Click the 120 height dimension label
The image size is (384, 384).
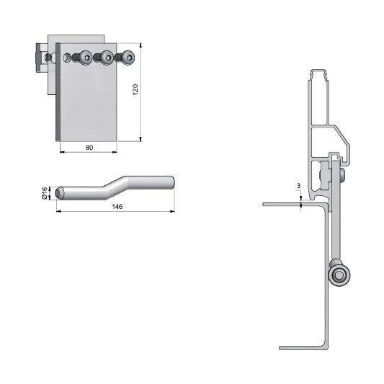tap(135, 89)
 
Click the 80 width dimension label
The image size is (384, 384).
tap(89, 148)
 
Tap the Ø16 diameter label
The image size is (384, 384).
tap(45, 193)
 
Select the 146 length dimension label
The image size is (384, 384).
tap(117, 207)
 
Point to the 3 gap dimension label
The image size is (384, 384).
tap(298, 186)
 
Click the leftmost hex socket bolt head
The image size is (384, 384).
tap(86, 58)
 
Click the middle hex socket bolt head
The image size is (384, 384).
tap(107, 58)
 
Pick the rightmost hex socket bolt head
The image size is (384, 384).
tap(128, 58)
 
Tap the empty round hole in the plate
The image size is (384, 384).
tap(66, 58)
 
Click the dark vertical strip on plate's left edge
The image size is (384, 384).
tap(58, 92)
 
